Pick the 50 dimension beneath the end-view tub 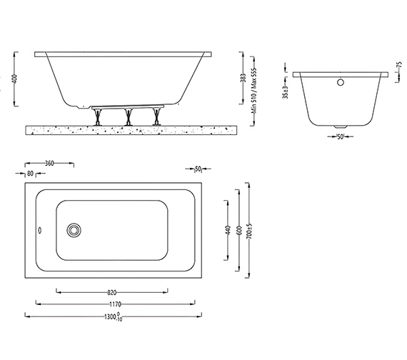(341, 136)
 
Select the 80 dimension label (30, 172)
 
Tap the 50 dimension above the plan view (198, 169)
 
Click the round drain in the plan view (74, 229)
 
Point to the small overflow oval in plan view (39, 230)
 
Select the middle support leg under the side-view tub (128, 116)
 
